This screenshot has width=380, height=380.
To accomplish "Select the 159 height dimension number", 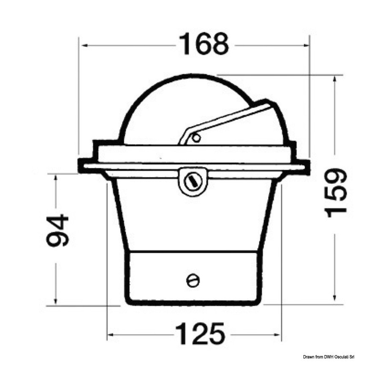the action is click(336, 193).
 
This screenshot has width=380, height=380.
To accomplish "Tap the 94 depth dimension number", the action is click(57, 230).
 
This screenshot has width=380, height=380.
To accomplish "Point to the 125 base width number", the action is click(200, 334).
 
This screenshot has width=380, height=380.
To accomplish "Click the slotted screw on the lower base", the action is click(193, 280).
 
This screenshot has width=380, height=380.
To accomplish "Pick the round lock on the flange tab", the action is click(193, 181).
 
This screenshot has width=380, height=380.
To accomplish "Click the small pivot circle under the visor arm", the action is click(196, 138).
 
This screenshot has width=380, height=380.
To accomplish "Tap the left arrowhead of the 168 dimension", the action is click(85, 45).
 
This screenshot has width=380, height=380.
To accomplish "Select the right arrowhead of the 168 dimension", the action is click(307, 45).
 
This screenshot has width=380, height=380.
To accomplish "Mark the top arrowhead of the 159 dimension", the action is click(335, 79).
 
